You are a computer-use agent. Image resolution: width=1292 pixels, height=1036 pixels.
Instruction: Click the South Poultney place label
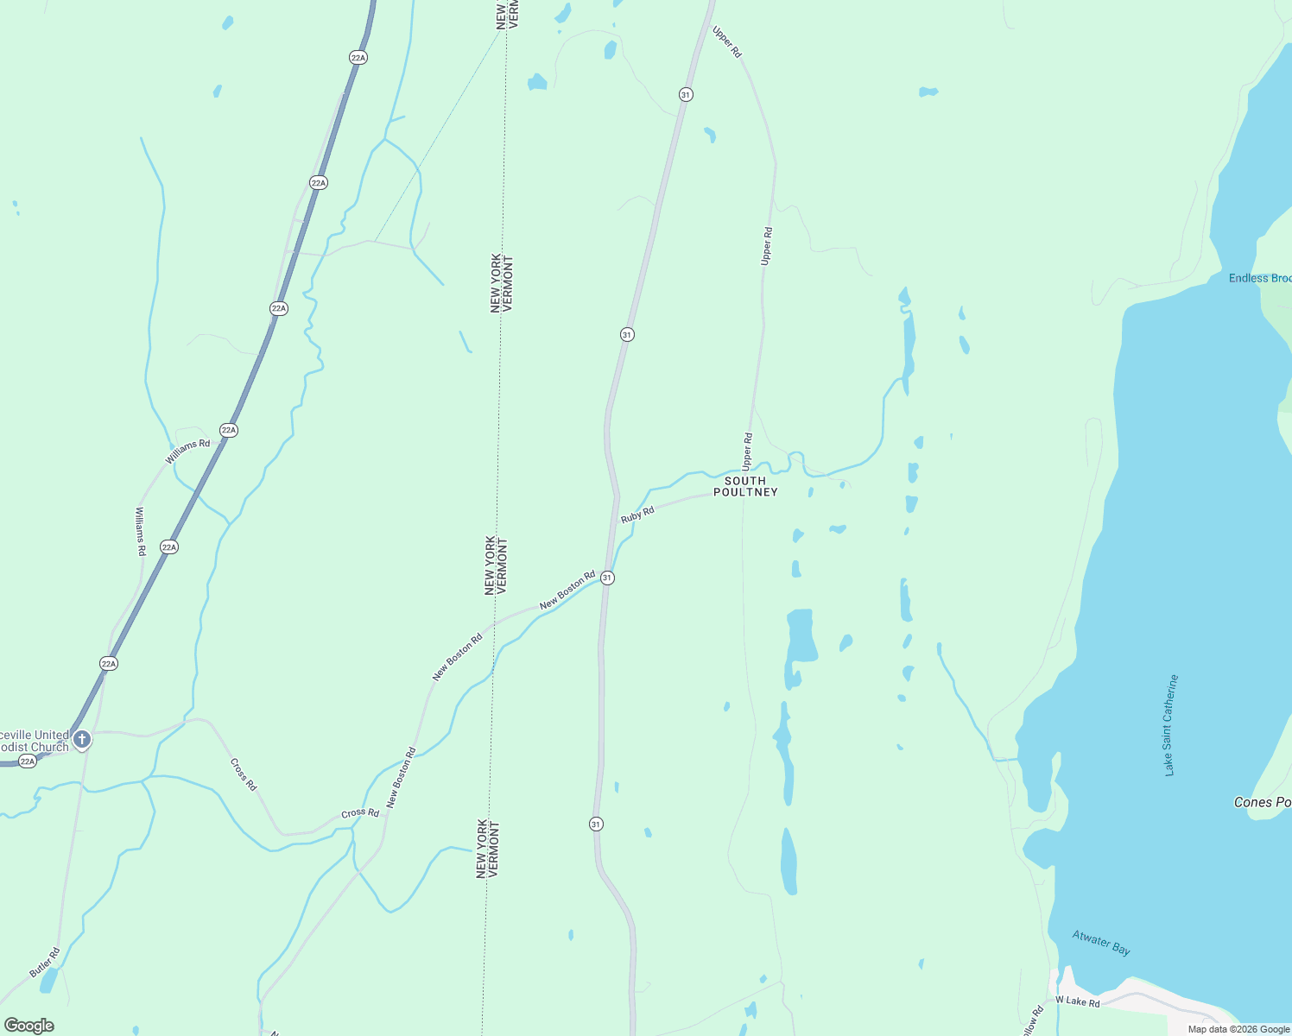pos(745,486)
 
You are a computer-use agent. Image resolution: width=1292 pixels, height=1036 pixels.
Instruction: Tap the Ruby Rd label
pos(637,515)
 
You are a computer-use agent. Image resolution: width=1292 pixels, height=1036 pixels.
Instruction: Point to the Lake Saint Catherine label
pos(1170,725)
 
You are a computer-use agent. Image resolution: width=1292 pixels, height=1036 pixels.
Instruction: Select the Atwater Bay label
pos(1101,942)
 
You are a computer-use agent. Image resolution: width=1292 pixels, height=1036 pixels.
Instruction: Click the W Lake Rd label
pos(1078,1001)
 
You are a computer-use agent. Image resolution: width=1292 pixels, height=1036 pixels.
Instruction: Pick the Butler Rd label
pos(45,963)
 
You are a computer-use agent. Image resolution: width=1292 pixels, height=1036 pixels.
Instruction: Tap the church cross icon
pos(82,739)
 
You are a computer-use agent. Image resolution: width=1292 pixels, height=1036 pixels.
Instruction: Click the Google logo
pos(29,1026)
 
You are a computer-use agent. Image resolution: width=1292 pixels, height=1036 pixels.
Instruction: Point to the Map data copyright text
pos(1238,1029)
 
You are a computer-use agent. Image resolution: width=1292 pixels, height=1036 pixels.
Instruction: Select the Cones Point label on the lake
pos(1263,802)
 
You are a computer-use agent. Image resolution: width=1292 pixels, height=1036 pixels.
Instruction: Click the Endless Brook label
pos(1260,278)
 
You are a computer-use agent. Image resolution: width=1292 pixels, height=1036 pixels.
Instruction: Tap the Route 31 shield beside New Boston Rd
pos(608,578)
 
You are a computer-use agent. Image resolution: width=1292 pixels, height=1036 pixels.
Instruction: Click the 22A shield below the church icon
pos(28,761)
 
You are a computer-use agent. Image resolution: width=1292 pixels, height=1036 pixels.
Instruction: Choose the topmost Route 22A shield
pos(358,57)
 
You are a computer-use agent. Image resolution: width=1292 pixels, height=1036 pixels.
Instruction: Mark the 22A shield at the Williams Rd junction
pos(228,430)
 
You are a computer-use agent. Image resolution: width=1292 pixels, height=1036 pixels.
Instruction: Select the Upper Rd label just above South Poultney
pos(747,452)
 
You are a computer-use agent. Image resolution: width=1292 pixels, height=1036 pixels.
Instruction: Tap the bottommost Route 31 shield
pos(596,824)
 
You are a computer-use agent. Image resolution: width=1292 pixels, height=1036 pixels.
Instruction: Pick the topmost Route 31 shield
pos(686,94)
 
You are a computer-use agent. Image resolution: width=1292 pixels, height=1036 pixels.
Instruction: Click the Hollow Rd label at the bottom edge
pos(1033,1021)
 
